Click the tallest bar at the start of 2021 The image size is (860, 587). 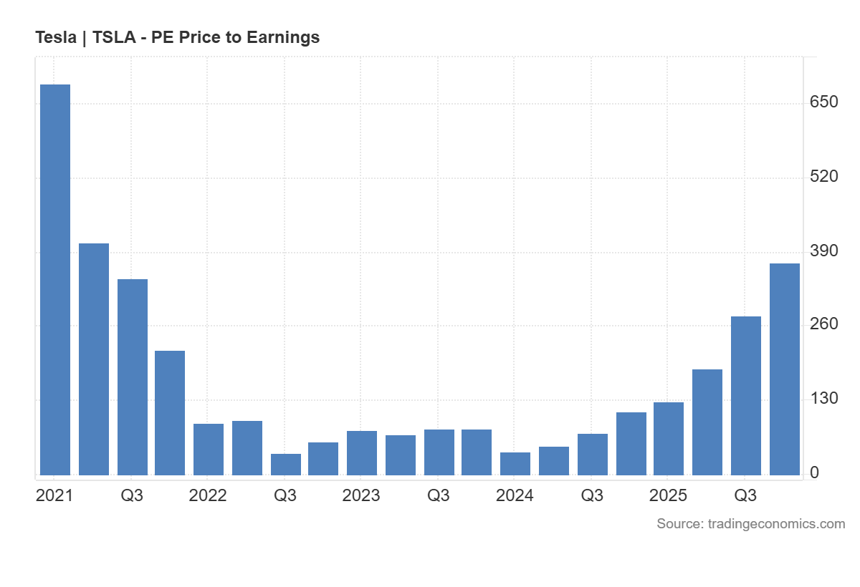click(55, 279)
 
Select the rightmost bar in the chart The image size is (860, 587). click(785, 369)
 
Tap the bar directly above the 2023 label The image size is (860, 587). click(362, 452)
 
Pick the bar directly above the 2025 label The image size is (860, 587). click(669, 438)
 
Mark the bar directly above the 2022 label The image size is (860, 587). click(209, 449)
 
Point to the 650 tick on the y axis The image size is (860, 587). click(823, 102)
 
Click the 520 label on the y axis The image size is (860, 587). click(823, 177)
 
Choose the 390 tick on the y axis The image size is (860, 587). click(823, 251)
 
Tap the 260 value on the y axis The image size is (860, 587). click(823, 324)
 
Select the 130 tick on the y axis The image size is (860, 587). click(823, 399)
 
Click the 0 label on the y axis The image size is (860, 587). click(814, 472)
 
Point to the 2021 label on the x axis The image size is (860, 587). click(54, 495)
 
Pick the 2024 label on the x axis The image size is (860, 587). click(515, 495)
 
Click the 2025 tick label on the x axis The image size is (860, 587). click(668, 495)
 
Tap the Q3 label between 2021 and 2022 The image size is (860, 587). click(132, 495)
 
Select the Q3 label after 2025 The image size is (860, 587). click(745, 495)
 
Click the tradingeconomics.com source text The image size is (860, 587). click(776, 524)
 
